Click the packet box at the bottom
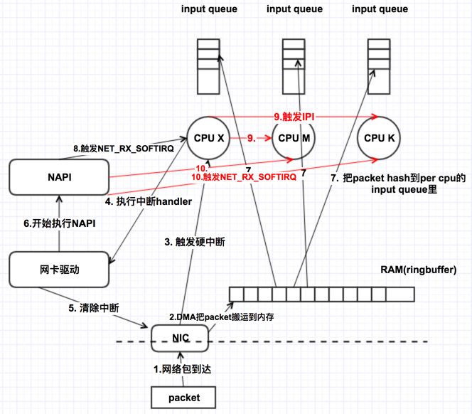coord(181,397)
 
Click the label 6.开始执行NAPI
coord(60,223)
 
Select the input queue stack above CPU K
coord(379,65)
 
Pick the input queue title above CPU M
coord(294,9)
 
